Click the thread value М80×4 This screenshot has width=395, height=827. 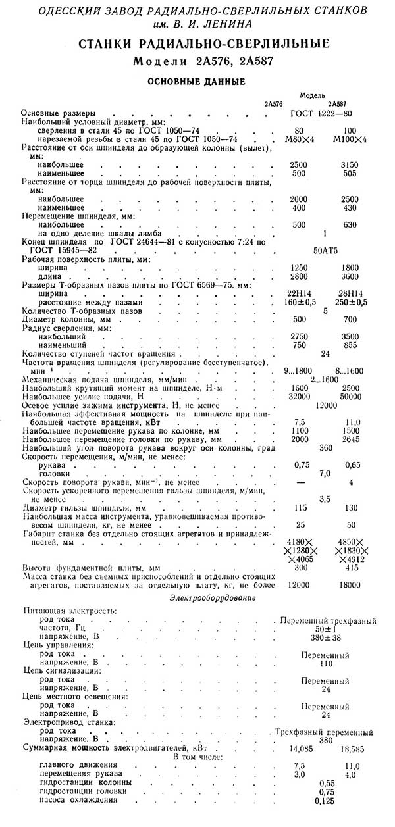tap(299, 139)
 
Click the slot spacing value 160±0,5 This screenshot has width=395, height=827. tap(300, 302)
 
